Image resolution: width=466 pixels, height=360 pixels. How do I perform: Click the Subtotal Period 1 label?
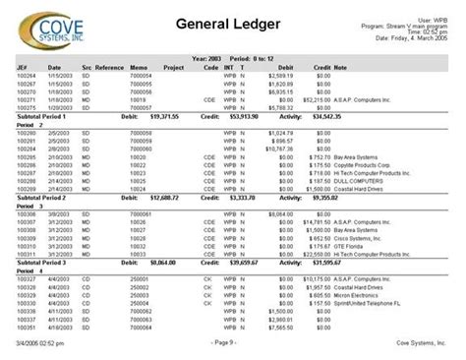(x=46, y=116)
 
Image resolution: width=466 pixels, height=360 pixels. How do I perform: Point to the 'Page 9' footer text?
(x=230, y=341)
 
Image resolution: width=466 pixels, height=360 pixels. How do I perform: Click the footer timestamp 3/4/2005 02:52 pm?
(x=36, y=341)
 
